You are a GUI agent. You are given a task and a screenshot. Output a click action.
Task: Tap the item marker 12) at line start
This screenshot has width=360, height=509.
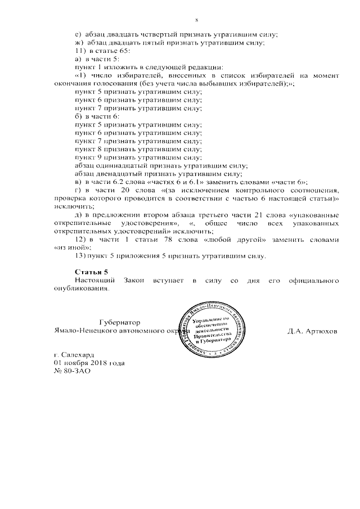pyautogui.click(x=79, y=240)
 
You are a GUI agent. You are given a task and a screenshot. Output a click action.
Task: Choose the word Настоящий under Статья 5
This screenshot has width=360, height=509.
pyautogui.click(x=95, y=280)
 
